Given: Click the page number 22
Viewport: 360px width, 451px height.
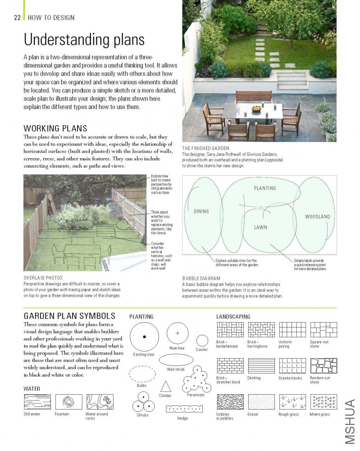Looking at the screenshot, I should click(18, 18).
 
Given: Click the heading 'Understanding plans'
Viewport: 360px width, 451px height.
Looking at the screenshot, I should click(84, 40).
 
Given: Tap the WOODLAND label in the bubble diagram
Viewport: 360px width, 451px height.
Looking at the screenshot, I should click(317, 217).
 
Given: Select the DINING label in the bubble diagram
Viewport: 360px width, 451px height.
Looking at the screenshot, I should click(201, 211).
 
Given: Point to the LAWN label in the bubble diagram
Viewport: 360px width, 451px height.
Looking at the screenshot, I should click(260, 228).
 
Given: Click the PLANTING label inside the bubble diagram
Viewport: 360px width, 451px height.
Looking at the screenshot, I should click(265, 188).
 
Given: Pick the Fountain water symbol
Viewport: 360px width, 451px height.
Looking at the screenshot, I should click(68, 401).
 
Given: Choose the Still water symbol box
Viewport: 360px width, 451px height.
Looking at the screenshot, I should click(37, 401).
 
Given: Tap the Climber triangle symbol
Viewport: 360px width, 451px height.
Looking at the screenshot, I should click(166, 386).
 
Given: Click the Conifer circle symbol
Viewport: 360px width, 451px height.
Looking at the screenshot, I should click(202, 341).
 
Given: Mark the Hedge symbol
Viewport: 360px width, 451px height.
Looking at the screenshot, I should click(182, 409).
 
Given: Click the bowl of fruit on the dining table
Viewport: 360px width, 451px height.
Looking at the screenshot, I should click(256, 108).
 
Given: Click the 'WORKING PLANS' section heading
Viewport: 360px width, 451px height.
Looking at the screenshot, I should click(55, 128).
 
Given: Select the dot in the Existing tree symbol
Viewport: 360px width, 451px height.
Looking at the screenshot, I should click(144, 337).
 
